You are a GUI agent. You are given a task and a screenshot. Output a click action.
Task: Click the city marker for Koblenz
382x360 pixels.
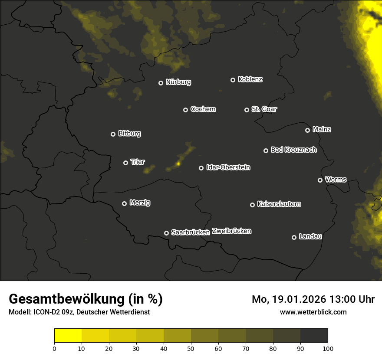tap(233, 80)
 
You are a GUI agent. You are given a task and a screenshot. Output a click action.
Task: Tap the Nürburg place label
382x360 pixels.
tap(178, 82)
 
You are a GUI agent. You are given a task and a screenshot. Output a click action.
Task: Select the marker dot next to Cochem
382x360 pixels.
tap(185, 110)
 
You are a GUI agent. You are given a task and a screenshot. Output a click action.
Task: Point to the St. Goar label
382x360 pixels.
tap(264, 109)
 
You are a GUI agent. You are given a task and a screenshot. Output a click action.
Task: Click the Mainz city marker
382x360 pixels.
tap(307, 130)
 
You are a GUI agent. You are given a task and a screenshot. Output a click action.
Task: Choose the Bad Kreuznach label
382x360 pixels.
tap(293, 150)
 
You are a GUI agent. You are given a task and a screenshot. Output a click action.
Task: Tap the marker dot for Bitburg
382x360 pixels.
tap(113, 134)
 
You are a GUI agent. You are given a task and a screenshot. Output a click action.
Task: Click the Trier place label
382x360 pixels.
tap(138, 162)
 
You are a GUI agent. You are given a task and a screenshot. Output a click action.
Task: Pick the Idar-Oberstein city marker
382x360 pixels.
tap(201, 168)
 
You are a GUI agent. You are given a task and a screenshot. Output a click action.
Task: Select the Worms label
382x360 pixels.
tap(336, 179)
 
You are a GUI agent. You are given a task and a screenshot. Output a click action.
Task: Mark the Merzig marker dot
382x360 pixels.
tap(124, 203)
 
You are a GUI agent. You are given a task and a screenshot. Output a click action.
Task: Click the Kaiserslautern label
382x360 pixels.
tap(279, 204)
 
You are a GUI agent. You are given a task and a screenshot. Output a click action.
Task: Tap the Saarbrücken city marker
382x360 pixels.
tap(166, 233)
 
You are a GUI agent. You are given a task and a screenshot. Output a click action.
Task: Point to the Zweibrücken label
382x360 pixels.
tap(231, 231)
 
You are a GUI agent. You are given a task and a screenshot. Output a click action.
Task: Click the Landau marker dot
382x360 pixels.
tap(294, 237)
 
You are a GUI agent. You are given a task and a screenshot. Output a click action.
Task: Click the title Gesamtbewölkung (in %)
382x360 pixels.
tap(86, 299)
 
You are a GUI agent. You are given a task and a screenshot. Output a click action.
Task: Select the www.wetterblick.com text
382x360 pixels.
tap(313, 312)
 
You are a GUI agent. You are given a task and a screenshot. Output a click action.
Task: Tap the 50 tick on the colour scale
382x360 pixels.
tap(191, 348)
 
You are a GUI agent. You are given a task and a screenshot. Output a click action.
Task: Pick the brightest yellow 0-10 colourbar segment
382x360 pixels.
tap(68, 336)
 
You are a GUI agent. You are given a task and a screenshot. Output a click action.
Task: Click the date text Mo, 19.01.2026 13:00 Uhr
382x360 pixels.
tap(313, 299)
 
